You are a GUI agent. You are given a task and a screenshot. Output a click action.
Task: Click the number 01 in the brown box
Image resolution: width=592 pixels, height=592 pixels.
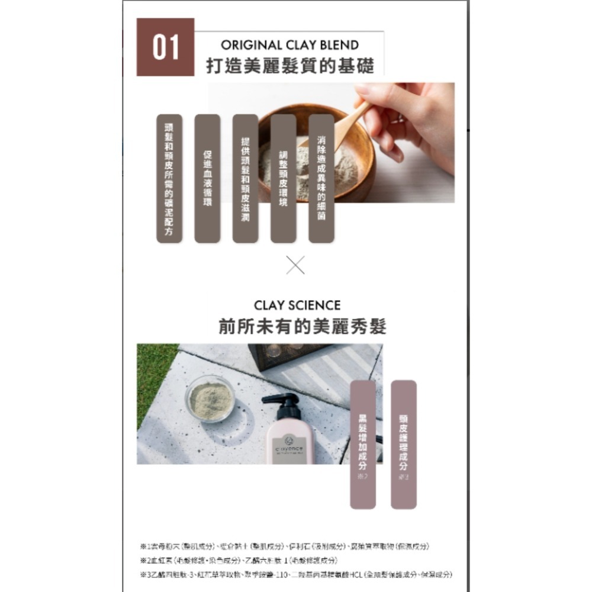(x=165, y=47)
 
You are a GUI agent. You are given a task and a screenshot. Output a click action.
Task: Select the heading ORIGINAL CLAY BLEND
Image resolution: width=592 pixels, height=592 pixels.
(x=289, y=45)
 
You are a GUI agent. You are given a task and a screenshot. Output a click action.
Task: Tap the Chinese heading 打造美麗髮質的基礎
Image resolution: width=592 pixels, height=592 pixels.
(x=289, y=66)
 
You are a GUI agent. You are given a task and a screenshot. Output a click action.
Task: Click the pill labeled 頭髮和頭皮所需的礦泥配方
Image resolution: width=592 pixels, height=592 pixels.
(x=169, y=178)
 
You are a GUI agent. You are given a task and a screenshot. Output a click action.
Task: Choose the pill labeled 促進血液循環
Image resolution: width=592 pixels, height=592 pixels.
(x=207, y=178)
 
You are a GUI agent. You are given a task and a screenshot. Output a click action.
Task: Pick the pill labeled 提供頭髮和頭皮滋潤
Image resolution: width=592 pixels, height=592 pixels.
(x=245, y=178)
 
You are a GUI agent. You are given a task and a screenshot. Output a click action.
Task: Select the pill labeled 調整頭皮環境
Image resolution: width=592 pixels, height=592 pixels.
(x=283, y=178)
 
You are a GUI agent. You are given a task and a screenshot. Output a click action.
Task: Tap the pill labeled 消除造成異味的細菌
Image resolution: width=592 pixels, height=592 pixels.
(x=321, y=178)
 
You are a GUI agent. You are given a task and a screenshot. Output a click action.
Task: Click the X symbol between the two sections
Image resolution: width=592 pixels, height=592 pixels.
(x=295, y=265)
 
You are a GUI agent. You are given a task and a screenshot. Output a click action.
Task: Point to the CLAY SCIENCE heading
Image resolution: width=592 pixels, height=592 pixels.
(x=297, y=305)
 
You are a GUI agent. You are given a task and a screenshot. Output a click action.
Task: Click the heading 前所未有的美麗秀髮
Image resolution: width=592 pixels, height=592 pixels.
(x=302, y=326)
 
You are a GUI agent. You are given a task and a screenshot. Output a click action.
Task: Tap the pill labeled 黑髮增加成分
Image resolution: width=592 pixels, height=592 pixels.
(x=363, y=444)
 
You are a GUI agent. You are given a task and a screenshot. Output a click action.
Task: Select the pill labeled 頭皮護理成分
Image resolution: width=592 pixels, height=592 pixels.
(x=404, y=444)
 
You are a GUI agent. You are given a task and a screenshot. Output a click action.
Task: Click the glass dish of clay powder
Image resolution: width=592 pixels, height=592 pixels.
(x=210, y=398)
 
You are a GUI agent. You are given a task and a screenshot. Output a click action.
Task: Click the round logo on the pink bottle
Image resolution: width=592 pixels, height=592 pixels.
(x=289, y=440)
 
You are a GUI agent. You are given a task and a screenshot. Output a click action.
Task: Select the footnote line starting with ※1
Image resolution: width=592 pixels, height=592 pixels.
(x=284, y=546)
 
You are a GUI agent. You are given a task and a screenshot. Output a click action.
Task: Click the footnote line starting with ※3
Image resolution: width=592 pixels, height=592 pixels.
(x=296, y=575)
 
